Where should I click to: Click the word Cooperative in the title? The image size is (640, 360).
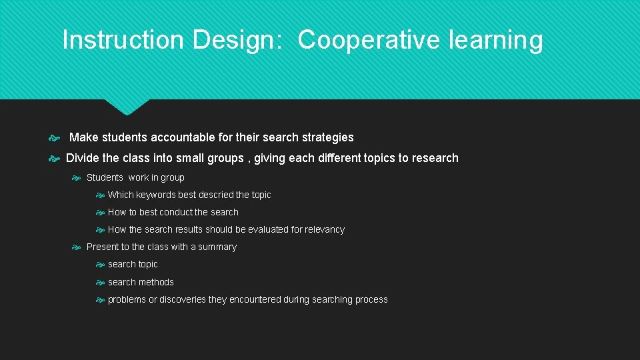pos(368,40)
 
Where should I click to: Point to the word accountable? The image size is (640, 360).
pos(183,137)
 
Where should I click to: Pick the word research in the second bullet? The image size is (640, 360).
pos(435,158)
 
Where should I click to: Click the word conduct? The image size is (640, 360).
pos(176,212)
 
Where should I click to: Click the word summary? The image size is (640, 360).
pos(217,247)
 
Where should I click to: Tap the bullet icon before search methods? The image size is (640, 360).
pos(100,283)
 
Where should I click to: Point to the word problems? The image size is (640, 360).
pos(127,299)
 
